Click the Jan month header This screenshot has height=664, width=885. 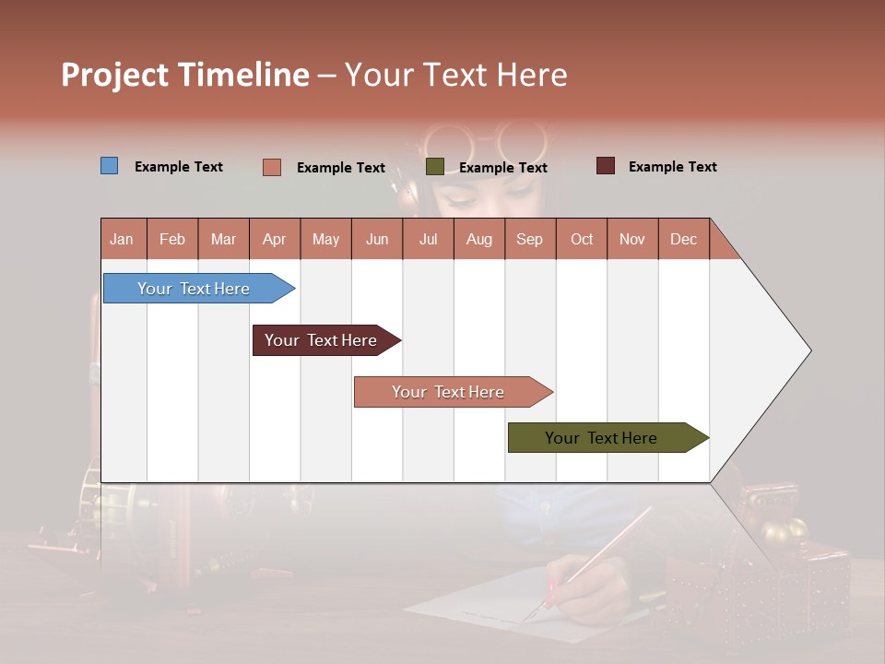click(x=122, y=239)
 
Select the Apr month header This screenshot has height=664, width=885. click(x=274, y=239)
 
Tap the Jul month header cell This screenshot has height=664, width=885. click(x=428, y=239)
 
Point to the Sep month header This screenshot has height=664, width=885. click(x=529, y=239)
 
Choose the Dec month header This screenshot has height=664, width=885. click(x=683, y=239)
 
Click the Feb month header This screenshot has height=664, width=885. click(x=172, y=239)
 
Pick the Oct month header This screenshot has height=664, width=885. click(x=582, y=239)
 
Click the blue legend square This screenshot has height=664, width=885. click(x=109, y=166)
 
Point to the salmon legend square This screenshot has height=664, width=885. click(x=271, y=167)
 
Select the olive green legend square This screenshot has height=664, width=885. click(x=435, y=167)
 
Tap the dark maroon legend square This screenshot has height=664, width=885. click(x=605, y=166)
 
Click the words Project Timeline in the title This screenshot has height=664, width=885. click(x=184, y=75)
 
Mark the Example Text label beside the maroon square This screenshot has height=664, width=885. click(x=672, y=167)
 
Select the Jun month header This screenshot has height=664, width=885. click(x=377, y=239)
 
